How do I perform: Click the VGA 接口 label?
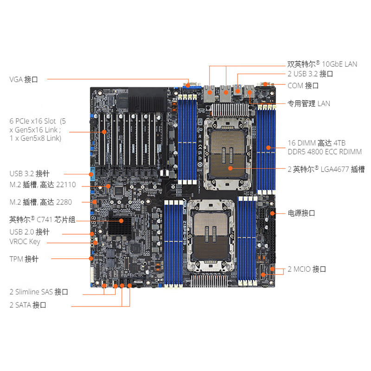coord(24,79)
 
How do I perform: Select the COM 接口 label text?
coord(303,85)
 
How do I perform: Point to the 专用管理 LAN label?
coord(308,103)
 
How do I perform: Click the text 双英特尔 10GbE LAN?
coord(322,64)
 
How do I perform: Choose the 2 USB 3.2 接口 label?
coord(310,74)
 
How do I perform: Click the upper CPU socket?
coord(227,154)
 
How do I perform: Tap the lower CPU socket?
coord(211,236)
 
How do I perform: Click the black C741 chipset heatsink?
coord(120,226)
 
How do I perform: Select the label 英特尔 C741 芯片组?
coord(42,219)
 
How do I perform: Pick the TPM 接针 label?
coord(24,259)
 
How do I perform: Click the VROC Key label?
coord(25,242)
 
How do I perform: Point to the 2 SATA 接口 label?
coord(28,305)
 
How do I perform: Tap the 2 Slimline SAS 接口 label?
coord(39,292)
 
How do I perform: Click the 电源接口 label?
coord(301,213)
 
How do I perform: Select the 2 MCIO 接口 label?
coord(307,269)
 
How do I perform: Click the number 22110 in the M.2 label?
coord(67,185)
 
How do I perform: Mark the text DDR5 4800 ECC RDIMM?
coord(325,152)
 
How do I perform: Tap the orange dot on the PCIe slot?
coord(104,132)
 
